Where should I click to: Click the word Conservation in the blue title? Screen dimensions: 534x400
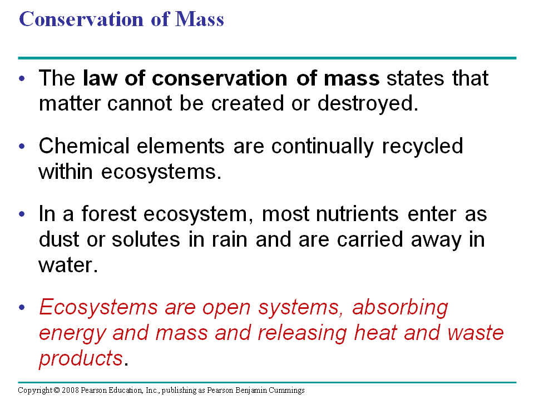point(81,19)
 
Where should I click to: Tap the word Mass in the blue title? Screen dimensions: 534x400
point(200,19)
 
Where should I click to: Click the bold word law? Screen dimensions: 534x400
point(100,78)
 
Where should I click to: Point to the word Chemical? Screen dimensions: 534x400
point(84,146)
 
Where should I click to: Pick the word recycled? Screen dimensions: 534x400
point(422,147)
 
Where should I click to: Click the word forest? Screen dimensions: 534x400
point(108,214)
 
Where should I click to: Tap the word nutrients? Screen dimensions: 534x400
point(357,214)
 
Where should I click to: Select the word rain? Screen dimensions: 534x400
point(230,239)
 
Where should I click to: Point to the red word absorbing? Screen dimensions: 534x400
point(400,308)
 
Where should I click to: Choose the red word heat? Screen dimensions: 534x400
point(375,333)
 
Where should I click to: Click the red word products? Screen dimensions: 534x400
point(81,359)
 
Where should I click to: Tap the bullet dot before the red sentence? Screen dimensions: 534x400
point(22,307)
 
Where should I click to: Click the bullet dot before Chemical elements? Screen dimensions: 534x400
point(22,146)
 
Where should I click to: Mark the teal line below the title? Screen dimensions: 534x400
point(268,58)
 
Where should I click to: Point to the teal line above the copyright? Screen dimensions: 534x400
point(268,382)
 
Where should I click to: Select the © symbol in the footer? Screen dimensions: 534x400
point(57,390)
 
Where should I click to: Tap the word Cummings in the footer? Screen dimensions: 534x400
point(286,391)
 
